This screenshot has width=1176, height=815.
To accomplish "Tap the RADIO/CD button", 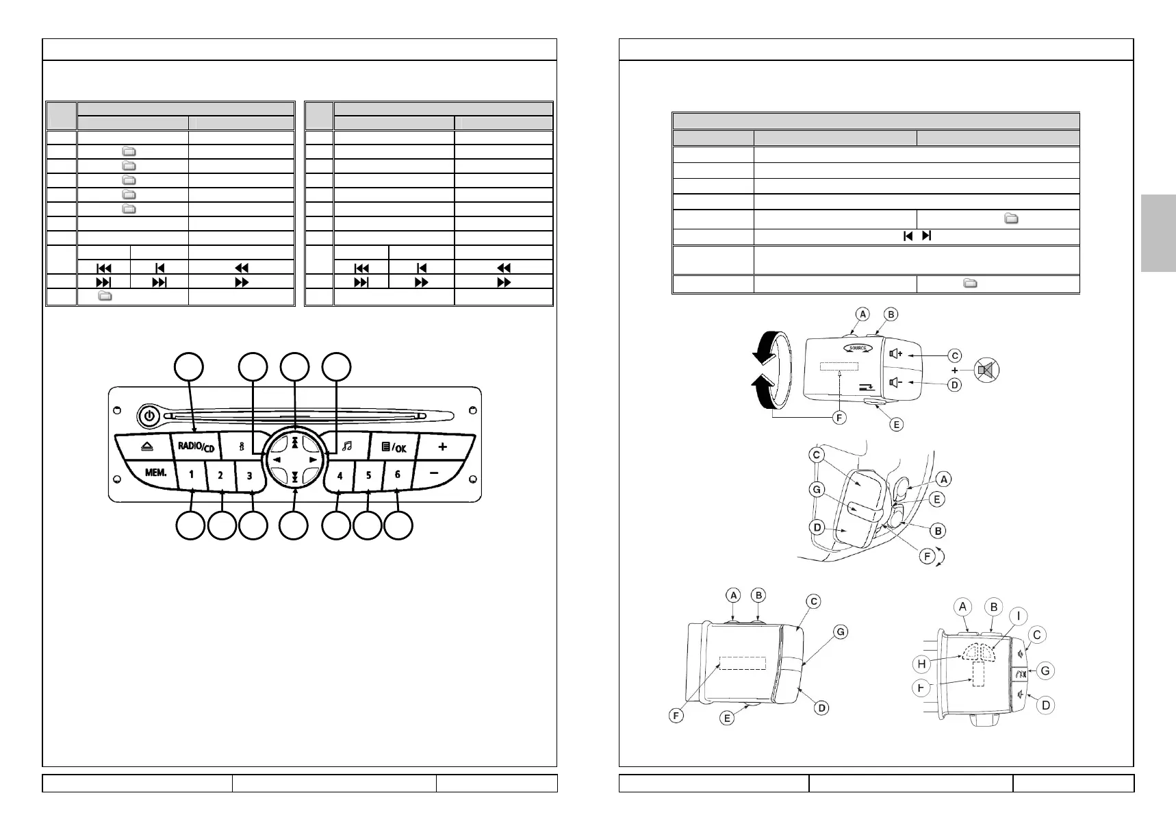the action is tap(196, 447).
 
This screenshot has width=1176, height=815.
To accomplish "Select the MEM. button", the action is tap(155, 473).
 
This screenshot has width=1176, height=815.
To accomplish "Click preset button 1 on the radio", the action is tap(192, 474).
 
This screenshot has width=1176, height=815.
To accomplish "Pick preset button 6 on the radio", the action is tap(397, 474).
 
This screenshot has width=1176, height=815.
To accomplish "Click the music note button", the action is tap(346, 446).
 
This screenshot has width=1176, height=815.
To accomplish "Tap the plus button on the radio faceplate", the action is tap(443, 447).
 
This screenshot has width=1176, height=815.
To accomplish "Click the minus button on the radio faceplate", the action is tap(434, 473).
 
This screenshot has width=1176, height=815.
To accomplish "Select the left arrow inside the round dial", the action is tap(277, 460).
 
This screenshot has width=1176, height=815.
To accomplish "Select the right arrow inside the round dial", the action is tap(313, 460).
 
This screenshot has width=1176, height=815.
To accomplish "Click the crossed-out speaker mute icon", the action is tap(986, 371).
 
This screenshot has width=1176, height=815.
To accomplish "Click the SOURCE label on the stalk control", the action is tap(858, 348).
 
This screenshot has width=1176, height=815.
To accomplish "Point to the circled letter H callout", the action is tap(922, 664).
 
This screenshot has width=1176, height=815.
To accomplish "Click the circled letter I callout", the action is tap(1018, 616).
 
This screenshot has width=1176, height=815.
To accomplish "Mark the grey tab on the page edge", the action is tap(1158, 233).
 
